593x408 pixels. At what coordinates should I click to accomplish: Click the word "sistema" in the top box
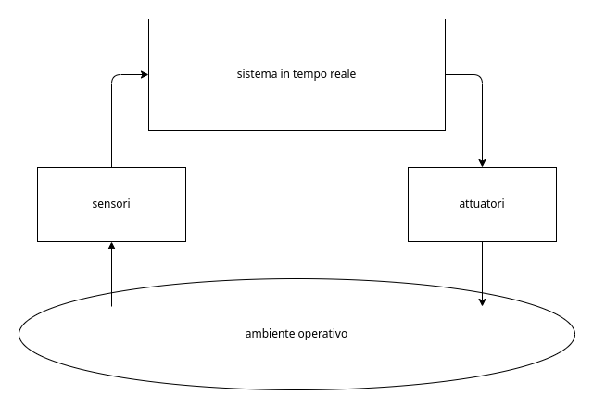257,74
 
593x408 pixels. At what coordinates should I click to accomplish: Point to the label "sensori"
111,203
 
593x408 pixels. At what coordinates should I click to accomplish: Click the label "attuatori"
482,203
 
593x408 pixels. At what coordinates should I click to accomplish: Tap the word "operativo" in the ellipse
322,333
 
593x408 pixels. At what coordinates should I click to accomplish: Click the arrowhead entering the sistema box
144,74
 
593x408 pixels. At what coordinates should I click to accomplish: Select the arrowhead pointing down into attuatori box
482,162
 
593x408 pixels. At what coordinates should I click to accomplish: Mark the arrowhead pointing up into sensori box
111,246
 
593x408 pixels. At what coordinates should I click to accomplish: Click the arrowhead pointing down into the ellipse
482,301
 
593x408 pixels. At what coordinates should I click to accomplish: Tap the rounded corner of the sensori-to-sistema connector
113,77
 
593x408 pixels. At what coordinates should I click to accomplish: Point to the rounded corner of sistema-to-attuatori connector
480,77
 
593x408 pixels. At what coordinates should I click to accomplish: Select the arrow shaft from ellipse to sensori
111,278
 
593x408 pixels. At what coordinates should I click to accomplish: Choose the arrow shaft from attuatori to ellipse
482,269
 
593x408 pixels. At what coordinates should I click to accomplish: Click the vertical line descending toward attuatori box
482,121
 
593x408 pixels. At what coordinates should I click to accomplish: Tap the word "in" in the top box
284,74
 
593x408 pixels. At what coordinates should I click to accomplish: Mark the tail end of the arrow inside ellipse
111,305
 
